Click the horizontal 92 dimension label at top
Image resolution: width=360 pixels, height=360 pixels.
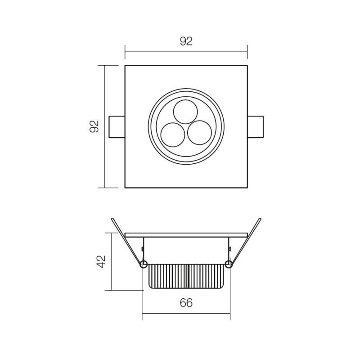186,41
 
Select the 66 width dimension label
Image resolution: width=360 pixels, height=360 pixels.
186,303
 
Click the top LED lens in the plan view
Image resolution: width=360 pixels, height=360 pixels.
185,112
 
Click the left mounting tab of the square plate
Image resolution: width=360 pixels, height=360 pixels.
117,126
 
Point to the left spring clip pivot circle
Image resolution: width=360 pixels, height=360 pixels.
144,264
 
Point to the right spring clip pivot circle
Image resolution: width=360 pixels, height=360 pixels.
229,264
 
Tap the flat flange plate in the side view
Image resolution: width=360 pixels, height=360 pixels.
186,235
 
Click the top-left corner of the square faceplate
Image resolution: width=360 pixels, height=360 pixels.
125,66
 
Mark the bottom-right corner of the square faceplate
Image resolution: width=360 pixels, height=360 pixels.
247,187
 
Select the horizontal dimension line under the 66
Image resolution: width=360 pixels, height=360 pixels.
186,314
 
